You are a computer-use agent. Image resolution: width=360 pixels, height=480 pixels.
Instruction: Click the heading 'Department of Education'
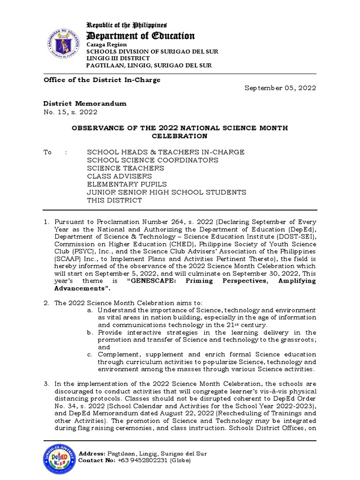pos(140,36)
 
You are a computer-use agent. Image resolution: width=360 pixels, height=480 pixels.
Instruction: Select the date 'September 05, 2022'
pos(280,88)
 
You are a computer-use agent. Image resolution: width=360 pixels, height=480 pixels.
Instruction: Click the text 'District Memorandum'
pos(85,103)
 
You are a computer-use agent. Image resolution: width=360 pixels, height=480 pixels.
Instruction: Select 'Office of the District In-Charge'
pos(102,80)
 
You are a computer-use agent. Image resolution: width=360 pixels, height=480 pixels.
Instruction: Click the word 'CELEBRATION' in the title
pos(180,136)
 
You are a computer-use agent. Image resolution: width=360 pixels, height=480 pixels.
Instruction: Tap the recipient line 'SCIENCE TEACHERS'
pos(126,168)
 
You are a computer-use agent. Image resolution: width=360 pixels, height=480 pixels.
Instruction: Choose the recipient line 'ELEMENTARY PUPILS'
pos(127,184)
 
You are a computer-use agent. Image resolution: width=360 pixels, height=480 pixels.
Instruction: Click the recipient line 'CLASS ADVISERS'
pos(120,176)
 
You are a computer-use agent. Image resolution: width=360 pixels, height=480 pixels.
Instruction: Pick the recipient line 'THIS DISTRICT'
pos(114,200)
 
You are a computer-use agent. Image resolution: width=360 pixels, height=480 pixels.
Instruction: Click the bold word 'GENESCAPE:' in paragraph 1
pos(154,281)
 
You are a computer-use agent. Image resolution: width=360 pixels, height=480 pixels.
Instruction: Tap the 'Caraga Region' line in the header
pos(106,45)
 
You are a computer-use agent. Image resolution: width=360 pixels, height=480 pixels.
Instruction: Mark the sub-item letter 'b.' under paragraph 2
pos(90,332)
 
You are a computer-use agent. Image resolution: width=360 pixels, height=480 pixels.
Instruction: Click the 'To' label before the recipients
pos(47,152)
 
